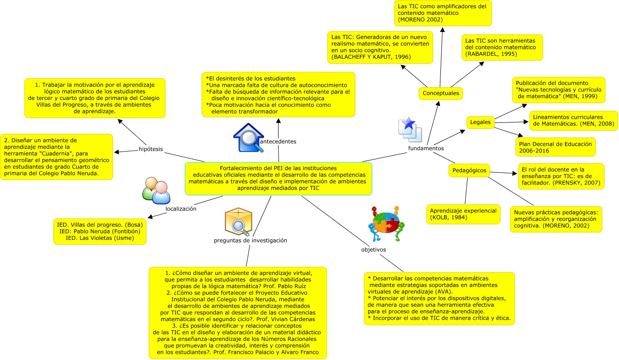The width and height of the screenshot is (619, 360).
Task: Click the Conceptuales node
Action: pos(440,94)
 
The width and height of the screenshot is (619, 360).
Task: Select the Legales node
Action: pos(480,122)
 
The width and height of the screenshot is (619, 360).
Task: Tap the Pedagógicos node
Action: pos(469,171)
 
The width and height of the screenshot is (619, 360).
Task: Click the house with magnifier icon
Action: pos(248,137)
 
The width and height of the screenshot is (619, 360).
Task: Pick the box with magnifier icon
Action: pos(238,222)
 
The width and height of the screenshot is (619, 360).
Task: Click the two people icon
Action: pos(156,190)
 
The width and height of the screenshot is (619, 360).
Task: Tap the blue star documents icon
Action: pos(410,130)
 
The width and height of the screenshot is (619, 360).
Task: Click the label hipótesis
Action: pos(151,149)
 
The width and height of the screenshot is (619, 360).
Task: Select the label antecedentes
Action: pos(278,142)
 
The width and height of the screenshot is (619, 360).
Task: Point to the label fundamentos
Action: pos(425,148)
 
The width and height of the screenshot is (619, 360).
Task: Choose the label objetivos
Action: pos(373,250)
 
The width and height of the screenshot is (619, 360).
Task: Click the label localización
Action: pos(181,209)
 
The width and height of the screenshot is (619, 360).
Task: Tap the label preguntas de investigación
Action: pos(250,241)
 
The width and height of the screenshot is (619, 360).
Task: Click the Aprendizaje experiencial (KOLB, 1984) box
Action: pos(463,214)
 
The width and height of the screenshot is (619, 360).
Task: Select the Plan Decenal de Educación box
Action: pos(555,147)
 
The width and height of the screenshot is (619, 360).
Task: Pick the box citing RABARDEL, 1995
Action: pos(502,47)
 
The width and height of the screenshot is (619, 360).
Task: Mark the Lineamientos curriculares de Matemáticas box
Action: pos(573,121)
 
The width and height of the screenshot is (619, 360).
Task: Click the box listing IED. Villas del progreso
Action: pos(100,232)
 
